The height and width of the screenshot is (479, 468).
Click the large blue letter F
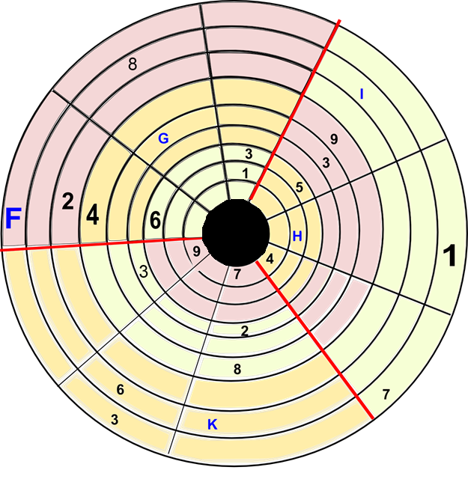(x=13, y=219)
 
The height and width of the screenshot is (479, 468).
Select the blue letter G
(x=164, y=138)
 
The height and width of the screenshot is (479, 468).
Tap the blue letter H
(x=297, y=236)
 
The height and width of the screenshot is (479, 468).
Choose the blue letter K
(x=212, y=424)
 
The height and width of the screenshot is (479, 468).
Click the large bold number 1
(x=449, y=256)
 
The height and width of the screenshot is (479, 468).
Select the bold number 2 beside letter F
(x=67, y=202)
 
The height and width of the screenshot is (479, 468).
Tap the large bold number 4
(x=92, y=215)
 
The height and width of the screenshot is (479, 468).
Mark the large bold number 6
(x=155, y=221)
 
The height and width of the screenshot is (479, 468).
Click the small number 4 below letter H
(x=270, y=259)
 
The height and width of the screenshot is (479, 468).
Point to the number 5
(x=299, y=188)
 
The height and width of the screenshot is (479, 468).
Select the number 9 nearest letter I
(x=333, y=138)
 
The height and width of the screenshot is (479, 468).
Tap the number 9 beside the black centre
(x=196, y=252)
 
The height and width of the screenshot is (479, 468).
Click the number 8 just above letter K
(x=237, y=368)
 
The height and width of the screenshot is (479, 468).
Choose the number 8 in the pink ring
(x=133, y=64)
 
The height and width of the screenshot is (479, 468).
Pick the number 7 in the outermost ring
(x=386, y=394)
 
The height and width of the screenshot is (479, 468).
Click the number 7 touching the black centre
(x=237, y=273)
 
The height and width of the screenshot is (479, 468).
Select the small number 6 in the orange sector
(x=121, y=390)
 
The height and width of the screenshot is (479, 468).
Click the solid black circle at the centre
(x=235, y=233)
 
